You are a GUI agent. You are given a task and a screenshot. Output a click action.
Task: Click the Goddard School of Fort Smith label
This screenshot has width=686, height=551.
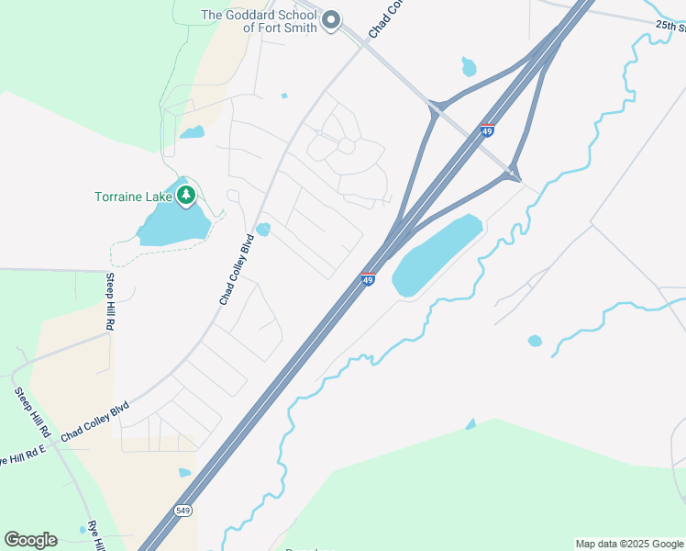pyautogui.click(x=260, y=21)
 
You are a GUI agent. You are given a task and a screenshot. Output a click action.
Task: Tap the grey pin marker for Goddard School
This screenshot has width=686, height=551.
pyautogui.click(x=331, y=19)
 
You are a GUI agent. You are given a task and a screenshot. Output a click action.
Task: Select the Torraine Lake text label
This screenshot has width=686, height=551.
pyautogui.click(x=135, y=197)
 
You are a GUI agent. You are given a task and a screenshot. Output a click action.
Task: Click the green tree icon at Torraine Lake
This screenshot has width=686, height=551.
pyautogui.click(x=186, y=195)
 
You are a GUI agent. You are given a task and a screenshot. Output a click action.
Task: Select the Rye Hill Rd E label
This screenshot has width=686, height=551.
pyautogui.click(x=23, y=455)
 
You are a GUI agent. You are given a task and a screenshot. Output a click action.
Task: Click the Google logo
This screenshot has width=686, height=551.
pyautogui.click(x=30, y=540)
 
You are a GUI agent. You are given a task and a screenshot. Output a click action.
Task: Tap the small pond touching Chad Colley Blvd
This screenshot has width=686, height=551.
pyautogui.click(x=264, y=229)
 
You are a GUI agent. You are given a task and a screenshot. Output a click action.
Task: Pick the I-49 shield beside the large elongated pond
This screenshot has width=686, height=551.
pyautogui.click(x=368, y=279)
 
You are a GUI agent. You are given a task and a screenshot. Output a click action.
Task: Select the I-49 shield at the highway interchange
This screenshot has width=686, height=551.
pyautogui.click(x=487, y=131)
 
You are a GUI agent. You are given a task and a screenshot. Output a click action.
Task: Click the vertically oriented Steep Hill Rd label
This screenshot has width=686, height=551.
pyautogui.click(x=109, y=302)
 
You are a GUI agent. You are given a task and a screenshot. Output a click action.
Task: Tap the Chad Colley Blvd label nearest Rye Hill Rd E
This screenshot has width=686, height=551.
pyautogui.click(x=95, y=422)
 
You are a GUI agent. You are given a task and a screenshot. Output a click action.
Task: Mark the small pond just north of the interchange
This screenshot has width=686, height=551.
pyautogui.click(x=469, y=67)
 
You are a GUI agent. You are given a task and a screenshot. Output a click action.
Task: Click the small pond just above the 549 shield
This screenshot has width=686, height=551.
pyautogui.click(x=185, y=473)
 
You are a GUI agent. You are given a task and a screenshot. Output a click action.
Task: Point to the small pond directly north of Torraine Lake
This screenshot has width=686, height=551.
pyautogui.click(x=192, y=132)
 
